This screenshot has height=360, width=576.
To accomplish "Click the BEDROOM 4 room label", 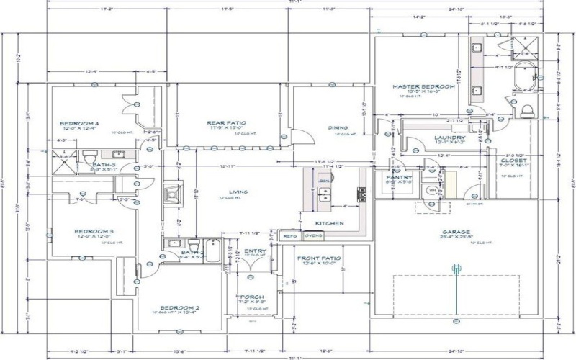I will point(78,123).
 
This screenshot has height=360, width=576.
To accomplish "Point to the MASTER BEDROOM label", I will point(423,86).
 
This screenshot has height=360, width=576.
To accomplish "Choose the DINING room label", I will point(338,128).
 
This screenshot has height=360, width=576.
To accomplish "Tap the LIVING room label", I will point(238,192).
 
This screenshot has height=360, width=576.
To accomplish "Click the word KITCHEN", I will point(329,224).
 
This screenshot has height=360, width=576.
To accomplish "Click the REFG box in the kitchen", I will point(290,235).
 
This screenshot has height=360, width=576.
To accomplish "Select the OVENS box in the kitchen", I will point(313,235).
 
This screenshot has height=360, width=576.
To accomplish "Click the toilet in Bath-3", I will point(89,156).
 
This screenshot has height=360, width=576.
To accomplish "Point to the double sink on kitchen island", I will point(324,192).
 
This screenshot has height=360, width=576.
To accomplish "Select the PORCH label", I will point(252,297).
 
